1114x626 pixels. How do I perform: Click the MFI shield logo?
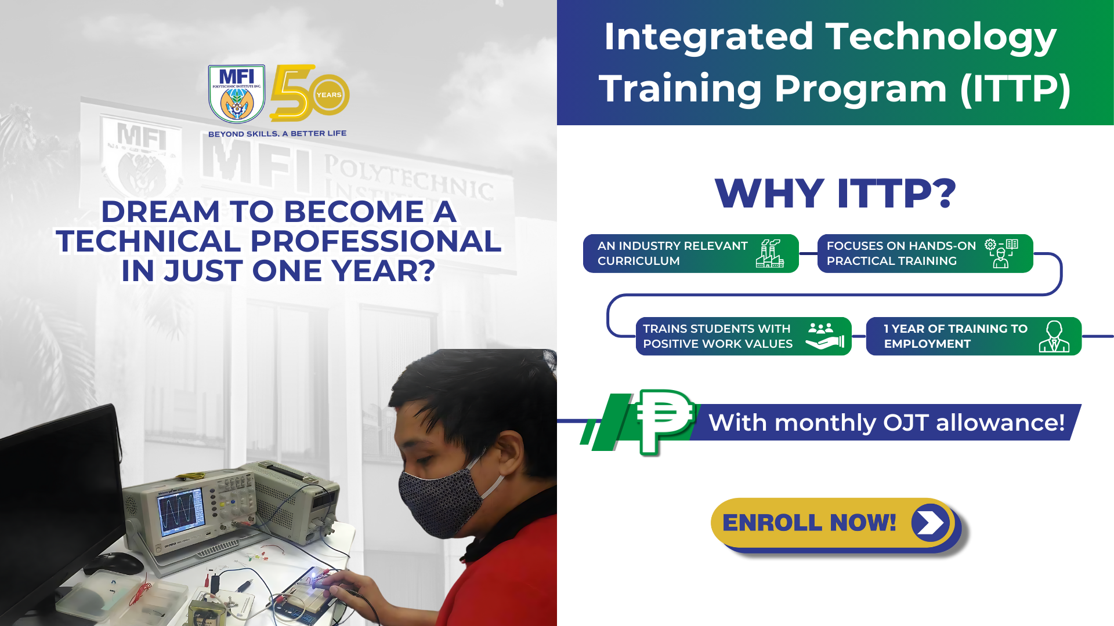click(x=237, y=93)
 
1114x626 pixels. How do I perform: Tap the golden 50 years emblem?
click(x=309, y=92)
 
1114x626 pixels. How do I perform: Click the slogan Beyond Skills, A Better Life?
click(x=277, y=133)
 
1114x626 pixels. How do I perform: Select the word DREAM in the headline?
click(x=160, y=212)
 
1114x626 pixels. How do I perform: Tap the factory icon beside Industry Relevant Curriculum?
click(x=770, y=253)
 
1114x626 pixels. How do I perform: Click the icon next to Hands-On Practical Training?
click(x=1001, y=253)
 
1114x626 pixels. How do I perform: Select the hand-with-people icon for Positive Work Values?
click(x=824, y=336)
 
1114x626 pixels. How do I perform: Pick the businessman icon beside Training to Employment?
click(x=1054, y=336)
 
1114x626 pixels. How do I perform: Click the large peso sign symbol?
click(x=665, y=421)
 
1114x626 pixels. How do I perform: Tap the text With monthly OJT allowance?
click(x=887, y=423)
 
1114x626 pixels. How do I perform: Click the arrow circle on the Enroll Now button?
click(x=930, y=523)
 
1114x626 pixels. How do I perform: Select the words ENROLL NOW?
click(x=809, y=523)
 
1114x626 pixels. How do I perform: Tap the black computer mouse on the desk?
click(x=114, y=563)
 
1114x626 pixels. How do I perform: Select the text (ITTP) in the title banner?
click(x=1015, y=89)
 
